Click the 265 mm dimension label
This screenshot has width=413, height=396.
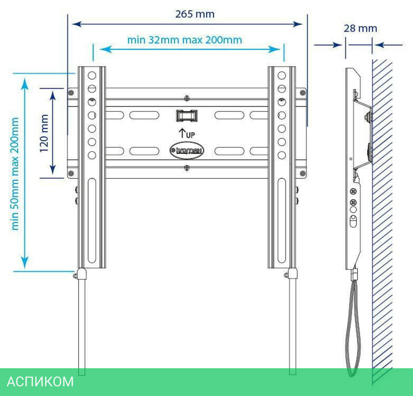(195, 14)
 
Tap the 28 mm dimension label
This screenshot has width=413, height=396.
(360, 28)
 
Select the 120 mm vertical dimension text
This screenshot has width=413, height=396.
(45, 133)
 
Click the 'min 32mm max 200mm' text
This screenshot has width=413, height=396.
(184, 40)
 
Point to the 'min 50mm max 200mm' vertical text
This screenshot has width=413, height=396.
(15, 173)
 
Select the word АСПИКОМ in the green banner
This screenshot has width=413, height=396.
(40, 381)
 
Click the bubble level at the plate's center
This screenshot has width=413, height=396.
(187, 115)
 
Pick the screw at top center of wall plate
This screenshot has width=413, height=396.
(187, 99)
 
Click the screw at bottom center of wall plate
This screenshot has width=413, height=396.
(187, 168)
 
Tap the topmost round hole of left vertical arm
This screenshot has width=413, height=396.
(92, 76)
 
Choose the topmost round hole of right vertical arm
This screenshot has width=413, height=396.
(282, 76)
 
